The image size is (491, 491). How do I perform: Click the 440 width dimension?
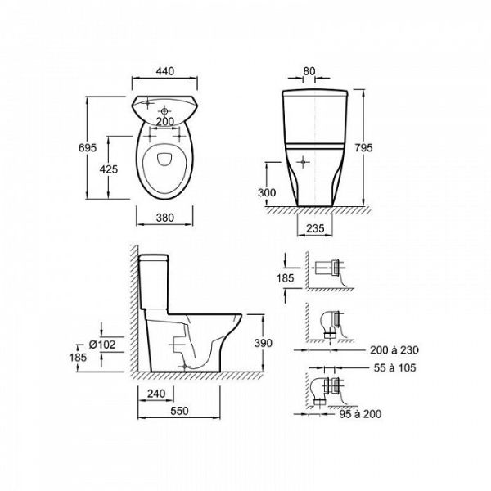point(165,71)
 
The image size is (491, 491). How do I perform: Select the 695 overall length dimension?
point(88,148)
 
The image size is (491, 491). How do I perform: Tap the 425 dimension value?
point(109,169)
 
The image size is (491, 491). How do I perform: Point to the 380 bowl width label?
point(165,218)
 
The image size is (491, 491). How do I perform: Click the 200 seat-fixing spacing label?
point(165,121)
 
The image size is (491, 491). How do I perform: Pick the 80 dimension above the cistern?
point(309,71)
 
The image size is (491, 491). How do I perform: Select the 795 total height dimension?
point(363,147)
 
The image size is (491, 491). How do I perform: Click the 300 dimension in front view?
point(267,192)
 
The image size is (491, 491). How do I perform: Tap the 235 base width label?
point(315,228)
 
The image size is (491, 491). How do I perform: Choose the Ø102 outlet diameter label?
point(102,345)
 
